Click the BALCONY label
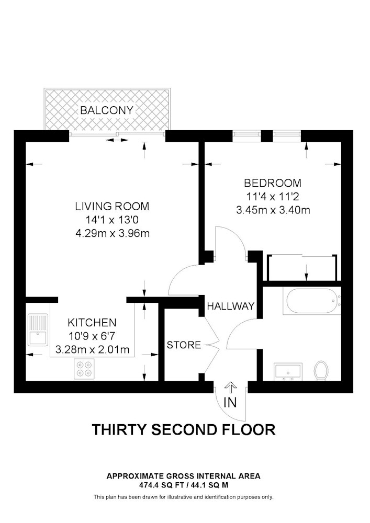click(107, 110)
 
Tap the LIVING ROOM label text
click(112, 206)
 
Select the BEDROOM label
click(273, 183)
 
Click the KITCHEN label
click(92, 323)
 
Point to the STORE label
click(184, 345)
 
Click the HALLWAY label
click(231, 306)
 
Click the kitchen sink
click(38, 330)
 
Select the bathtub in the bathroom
click(312, 301)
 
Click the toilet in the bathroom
click(321, 370)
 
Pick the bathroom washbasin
click(288, 371)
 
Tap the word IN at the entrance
click(230, 403)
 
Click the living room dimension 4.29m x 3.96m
click(113, 233)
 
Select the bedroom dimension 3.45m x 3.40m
click(273, 210)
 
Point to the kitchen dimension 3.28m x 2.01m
click(92, 349)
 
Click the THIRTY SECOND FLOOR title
click(184, 430)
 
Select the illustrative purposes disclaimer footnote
click(184, 497)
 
